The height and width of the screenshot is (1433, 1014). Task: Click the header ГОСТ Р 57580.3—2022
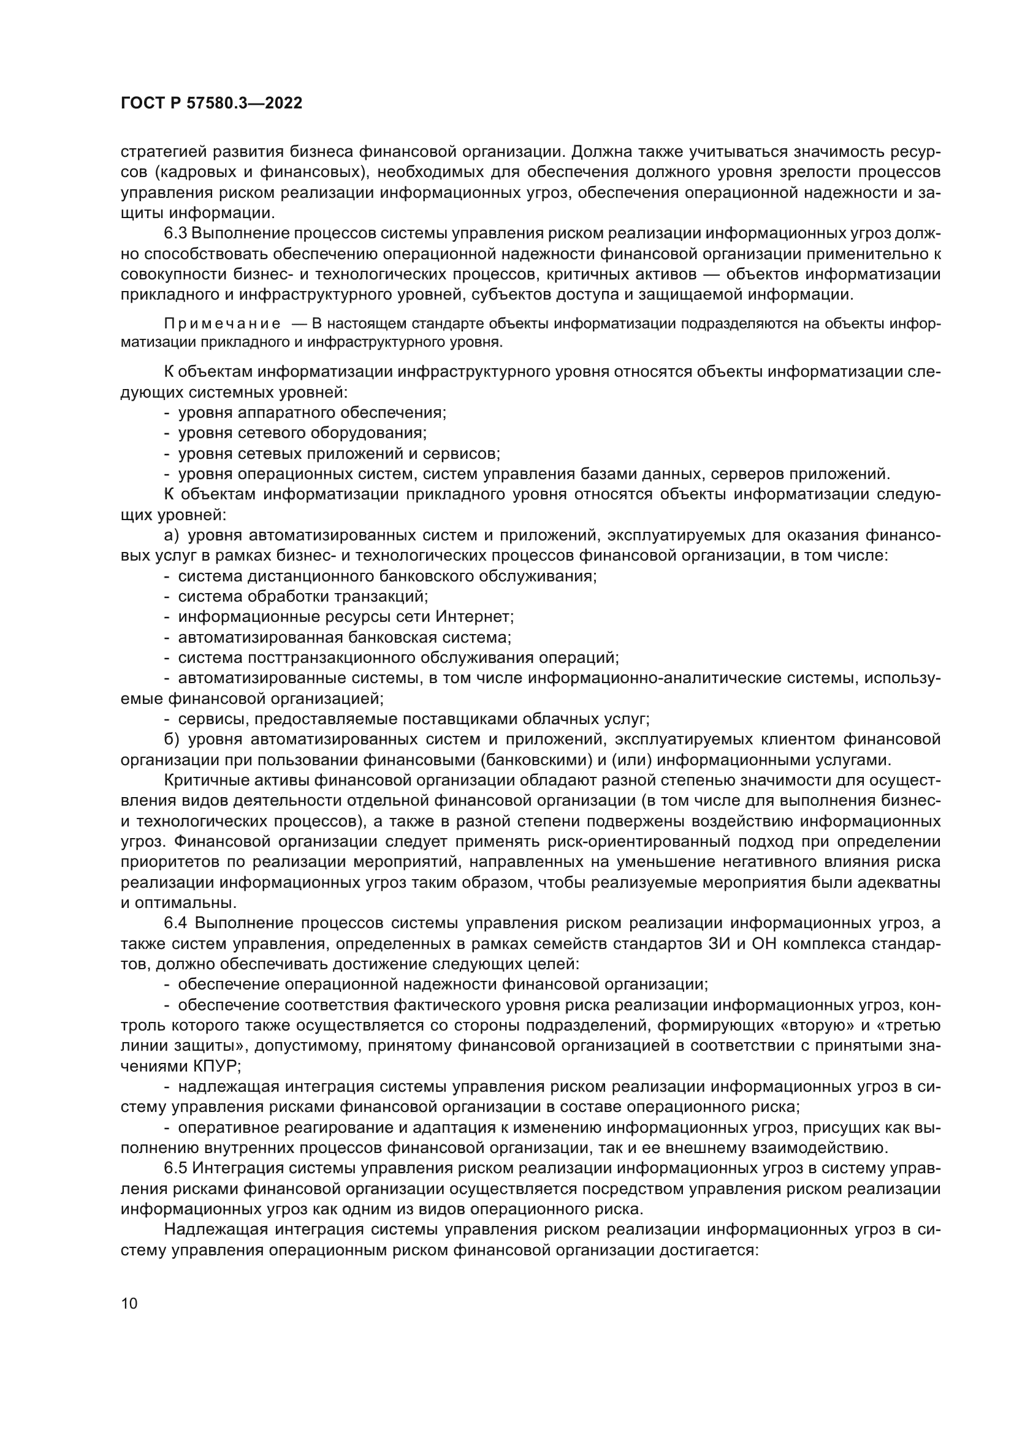[211, 104]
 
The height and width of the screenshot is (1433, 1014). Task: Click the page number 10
[129, 1303]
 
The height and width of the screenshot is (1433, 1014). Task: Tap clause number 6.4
[177, 923]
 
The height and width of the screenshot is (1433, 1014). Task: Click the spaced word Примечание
[222, 323]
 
